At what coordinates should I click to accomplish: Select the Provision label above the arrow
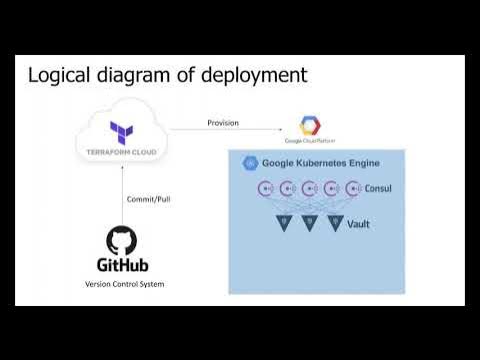click(x=223, y=123)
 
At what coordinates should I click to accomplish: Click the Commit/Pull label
click(x=148, y=198)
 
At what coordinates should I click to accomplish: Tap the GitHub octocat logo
click(x=122, y=239)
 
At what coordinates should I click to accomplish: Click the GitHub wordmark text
click(x=122, y=265)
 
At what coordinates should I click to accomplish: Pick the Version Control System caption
click(x=122, y=285)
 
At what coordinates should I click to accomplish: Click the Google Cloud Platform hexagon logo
click(x=311, y=125)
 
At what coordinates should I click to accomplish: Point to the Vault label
click(x=358, y=224)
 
